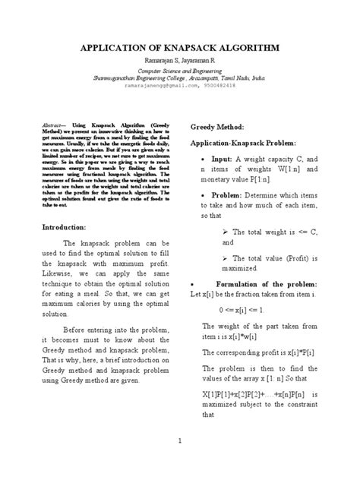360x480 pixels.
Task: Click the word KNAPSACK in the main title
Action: click(191, 48)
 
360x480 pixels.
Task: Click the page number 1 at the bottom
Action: click(179, 441)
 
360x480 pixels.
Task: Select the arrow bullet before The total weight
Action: click(226, 231)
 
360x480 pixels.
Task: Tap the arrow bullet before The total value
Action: click(226, 258)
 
